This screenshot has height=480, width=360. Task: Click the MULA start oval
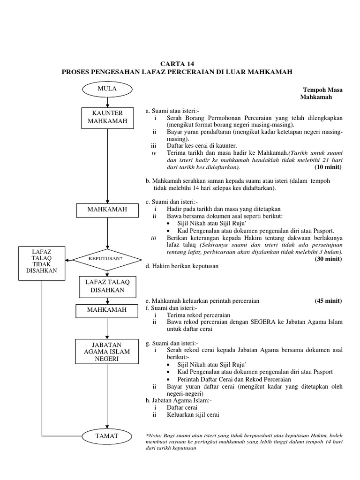(x=107, y=88)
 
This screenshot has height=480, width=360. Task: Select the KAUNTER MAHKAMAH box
(x=107, y=117)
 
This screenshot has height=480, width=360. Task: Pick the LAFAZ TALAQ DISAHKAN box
(x=107, y=285)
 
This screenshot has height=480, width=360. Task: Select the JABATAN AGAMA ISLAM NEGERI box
(x=107, y=352)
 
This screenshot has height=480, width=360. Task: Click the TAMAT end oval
(x=107, y=436)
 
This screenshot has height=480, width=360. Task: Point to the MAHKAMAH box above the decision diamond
(x=107, y=210)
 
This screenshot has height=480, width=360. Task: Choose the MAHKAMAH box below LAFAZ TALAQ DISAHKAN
(x=107, y=310)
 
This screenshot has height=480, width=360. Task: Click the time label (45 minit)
(x=328, y=300)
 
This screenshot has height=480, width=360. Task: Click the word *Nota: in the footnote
(x=155, y=435)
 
